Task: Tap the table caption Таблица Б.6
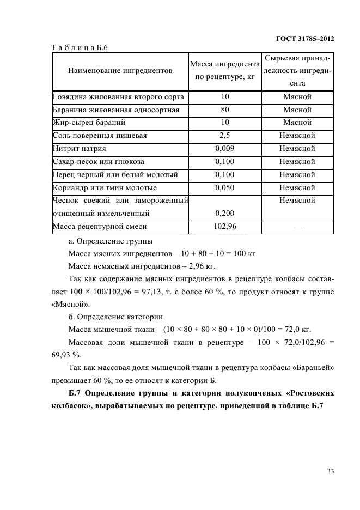(80, 48)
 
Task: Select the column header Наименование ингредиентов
(120, 71)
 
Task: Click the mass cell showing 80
(225, 110)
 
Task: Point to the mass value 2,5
(225, 136)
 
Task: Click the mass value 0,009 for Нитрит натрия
(225, 149)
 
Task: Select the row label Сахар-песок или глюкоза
(97, 162)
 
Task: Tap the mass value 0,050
(225, 188)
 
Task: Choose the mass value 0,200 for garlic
(225, 214)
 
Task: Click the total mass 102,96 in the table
(225, 227)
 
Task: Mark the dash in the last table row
(297, 227)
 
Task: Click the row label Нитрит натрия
(80, 149)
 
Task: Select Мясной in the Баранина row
(297, 110)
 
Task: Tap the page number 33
(330, 472)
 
